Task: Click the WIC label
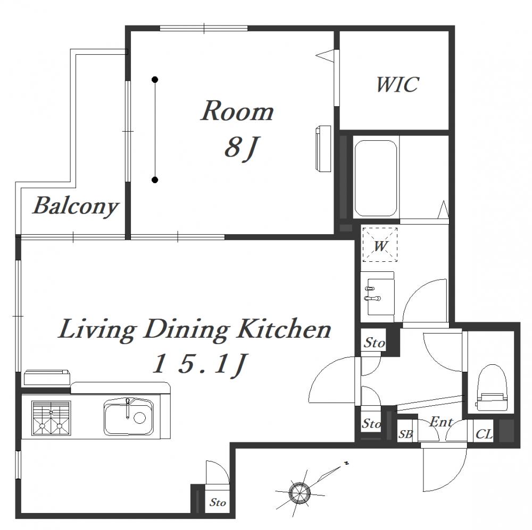pyautogui.click(x=397, y=84)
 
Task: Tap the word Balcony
pyautogui.click(x=76, y=206)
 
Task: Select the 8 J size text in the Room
pyautogui.click(x=240, y=149)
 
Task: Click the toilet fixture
pyautogui.click(x=492, y=387)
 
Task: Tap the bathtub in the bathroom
pyautogui.click(x=375, y=178)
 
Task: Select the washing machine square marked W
pyautogui.click(x=380, y=244)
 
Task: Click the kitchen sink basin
pyautogui.click(x=128, y=417)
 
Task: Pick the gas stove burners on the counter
pyautogui.click(x=51, y=418)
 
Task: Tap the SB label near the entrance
pyautogui.click(x=405, y=434)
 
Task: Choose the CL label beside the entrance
pyautogui.click(x=484, y=434)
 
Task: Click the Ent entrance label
pyautogui.click(x=440, y=422)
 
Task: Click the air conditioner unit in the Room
pyautogui.click(x=323, y=149)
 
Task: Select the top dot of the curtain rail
pyautogui.click(x=155, y=80)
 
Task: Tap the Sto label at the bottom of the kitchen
pyautogui.click(x=218, y=502)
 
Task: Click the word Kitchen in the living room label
pyautogui.click(x=284, y=329)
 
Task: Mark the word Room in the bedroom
pyautogui.click(x=237, y=111)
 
